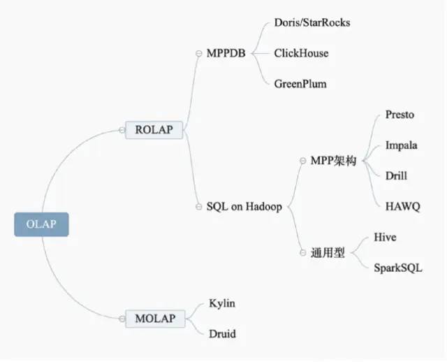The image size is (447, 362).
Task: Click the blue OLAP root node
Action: pyautogui.click(x=41, y=224)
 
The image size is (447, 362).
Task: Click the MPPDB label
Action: pyautogui.click(x=226, y=53)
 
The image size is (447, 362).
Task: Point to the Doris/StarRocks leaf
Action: pyautogui.click(x=312, y=22)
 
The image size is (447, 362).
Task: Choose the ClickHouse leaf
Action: pyautogui.click(x=301, y=53)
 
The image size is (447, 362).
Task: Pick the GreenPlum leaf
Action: pyautogui.click(x=300, y=84)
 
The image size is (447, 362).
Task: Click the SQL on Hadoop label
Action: pyautogui.click(x=244, y=207)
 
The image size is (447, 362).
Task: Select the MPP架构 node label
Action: pyautogui.click(x=333, y=161)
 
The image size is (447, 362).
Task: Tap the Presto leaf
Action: pyautogui.click(x=400, y=115)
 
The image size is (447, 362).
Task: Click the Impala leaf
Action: pyautogui.click(x=402, y=145)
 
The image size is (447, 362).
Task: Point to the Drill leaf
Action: pyautogui.click(x=396, y=176)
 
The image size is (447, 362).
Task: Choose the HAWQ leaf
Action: pyautogui.click(x=402, y=207)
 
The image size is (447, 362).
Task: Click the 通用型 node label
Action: pyautogui.click(x=328, y=253)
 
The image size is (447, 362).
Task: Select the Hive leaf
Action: pyautogui.click(x=385, y=238)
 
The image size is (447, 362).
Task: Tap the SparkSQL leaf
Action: pyautogui.click(x=398, y=268)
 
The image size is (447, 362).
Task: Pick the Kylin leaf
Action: pyautogui.click(x=222, y=303)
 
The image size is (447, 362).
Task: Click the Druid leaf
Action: pyautogui.click(x=222, y=334)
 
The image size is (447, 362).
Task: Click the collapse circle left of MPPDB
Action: pyautogui.click(x=199, y=53)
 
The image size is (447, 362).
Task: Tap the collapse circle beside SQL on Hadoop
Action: pyautogui.click(x=199, y=207)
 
